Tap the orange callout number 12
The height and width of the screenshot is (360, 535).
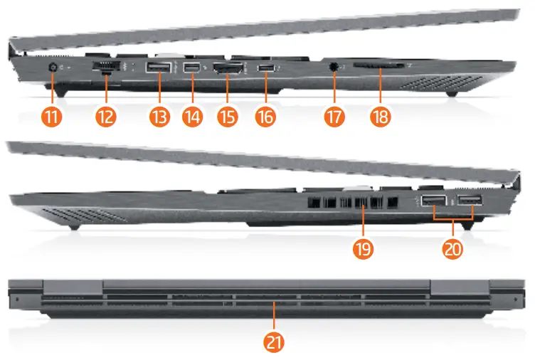(105, 117)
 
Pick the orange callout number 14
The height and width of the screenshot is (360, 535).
(191, 117)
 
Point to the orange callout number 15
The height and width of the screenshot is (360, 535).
(227, 117)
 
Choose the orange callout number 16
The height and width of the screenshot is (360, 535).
(265, 117)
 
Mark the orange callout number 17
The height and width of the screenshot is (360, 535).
(334, 117)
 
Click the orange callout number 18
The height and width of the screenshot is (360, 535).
(380, 117)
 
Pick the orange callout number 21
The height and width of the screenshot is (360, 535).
(274, 342)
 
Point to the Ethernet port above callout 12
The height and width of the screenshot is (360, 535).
(105, 68)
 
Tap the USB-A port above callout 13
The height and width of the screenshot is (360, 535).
(158, 68)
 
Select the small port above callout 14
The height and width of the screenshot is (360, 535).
(191, 69)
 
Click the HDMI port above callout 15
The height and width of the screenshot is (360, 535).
(227, 70)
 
